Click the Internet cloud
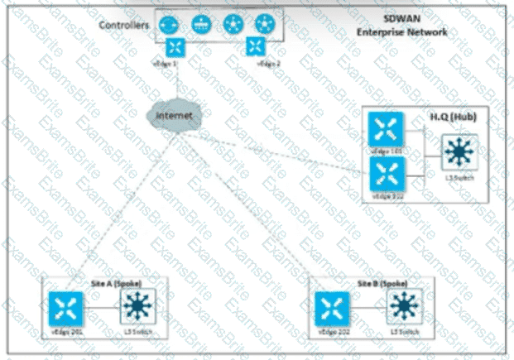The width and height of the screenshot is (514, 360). [x=173, y=115]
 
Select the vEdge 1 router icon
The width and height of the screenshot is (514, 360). [x=175, y=48]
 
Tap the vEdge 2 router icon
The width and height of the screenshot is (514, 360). [x=256, y=48]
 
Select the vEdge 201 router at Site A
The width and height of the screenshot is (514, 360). [x=64, y=308]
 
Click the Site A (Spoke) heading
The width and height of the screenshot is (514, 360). [x=113, y=281]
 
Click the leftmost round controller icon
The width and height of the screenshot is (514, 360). [x=170, y=24]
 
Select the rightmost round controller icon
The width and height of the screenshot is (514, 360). [x=266, y=24]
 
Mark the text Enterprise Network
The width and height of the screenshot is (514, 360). [x=402, y=31]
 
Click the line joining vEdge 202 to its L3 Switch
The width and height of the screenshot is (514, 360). [x=367, y=309]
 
